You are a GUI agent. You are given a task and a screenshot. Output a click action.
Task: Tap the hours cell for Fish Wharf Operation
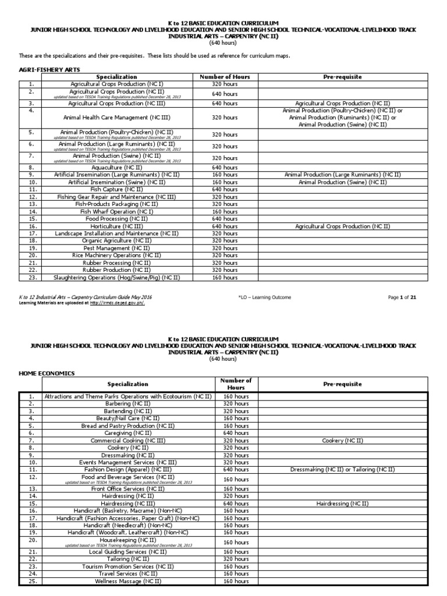pyautogui.click(x=224, y=211)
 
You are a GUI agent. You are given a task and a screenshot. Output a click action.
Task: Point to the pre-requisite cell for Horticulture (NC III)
pyautogui.click(x=342, y=226)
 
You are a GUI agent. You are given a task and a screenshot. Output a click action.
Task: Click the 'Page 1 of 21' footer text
pyautogui.click(x=402, y=297)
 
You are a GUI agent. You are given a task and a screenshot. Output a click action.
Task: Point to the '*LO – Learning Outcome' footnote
pyautogui.click(x=265, y=297)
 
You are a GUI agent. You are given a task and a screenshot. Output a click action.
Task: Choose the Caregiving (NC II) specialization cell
pyautogui.click(x=128, y=433)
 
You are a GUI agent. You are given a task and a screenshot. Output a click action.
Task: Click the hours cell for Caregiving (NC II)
pyautogui.click(x=236, y=433)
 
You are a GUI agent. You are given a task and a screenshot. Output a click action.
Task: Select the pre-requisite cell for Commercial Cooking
pyautogui.click(x=342, y=441)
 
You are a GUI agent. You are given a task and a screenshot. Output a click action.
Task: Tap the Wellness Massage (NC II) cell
pyautogui.click(x=128, y=581)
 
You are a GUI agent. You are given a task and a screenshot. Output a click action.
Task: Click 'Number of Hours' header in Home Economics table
pyautogui.click(x=236, y=384)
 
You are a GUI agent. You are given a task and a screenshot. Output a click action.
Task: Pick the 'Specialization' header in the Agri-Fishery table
pyautogui.click(x=116, y=77)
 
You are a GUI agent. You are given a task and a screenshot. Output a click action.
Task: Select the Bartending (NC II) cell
pyautogui.click(x=128, y=411)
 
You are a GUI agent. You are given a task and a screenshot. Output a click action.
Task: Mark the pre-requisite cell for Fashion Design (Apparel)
pyautogui.click(x=342, y=469)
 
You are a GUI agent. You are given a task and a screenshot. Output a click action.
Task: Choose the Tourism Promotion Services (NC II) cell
pyautogui.click(x=128, y=566)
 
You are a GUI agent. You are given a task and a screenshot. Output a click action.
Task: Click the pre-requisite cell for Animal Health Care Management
pyautogui.click(x=342, y=117)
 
